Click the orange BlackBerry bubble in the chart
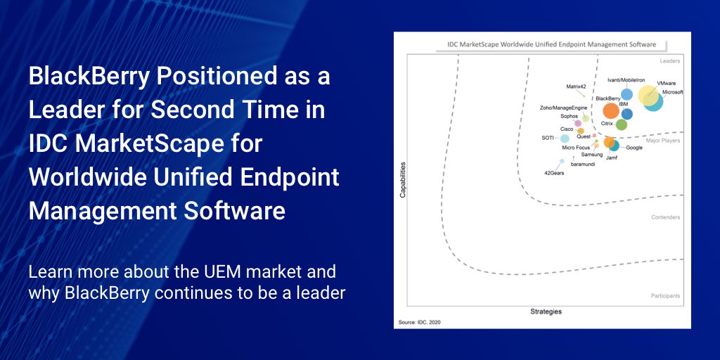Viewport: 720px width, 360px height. coord(611,110)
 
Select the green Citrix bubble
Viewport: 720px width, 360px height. coord(622,124)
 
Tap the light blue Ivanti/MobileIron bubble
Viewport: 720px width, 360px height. coord(626,94)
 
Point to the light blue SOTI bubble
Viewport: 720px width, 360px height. coord(565,139)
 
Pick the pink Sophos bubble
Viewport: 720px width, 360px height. coord(578,123)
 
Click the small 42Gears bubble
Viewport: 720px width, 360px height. coord(562,161)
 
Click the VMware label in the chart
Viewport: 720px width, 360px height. coord(667,84)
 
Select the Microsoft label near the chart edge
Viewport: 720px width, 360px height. coord(672,92)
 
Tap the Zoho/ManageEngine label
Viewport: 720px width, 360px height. coord(563,108)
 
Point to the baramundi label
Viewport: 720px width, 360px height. coord(583,163)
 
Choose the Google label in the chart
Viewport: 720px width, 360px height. coord(634,148)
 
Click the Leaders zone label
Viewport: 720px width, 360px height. coord(670,60)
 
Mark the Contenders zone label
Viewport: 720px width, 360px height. coord(666,217)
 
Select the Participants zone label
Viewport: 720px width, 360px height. coord(665,296)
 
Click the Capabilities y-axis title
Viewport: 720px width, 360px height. coord(403,180)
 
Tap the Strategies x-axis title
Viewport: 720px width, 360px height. coord(546,311)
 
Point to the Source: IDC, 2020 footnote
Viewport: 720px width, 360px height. coord(419,322)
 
